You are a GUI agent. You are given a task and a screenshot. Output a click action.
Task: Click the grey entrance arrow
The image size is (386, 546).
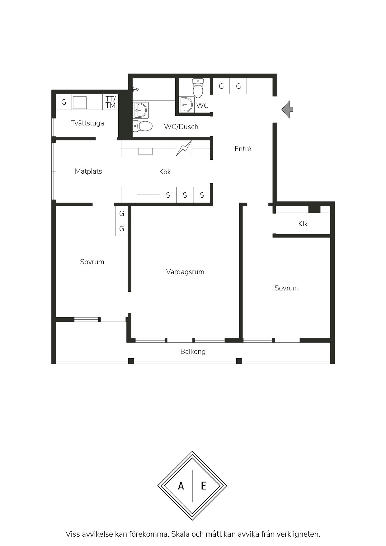[x=287, y=109]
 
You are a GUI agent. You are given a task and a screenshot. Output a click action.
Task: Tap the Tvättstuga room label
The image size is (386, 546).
[x=87, y=123]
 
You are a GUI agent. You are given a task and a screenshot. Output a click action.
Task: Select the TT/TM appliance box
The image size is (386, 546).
[x=110, y=102]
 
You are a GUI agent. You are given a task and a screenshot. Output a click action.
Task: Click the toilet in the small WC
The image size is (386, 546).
[x=198, y=88]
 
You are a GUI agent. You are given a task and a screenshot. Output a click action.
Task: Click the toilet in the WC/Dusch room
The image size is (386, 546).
[x=143, y=126]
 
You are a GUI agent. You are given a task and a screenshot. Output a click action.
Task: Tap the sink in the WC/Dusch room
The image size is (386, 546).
[x=141, y=110]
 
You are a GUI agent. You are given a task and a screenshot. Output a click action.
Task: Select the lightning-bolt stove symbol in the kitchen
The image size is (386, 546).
[x=184, y=148]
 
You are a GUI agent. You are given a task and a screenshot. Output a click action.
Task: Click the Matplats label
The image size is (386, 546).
[x=88, y=171]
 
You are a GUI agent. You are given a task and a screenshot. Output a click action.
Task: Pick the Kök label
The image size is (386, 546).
[x=165, y=172]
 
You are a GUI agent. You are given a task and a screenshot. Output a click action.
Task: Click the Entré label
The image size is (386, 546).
[x=243, y=149]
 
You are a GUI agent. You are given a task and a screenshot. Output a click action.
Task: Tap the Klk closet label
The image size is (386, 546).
[x=303, y=224]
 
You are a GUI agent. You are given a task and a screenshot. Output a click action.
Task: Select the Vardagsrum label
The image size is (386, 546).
[x=185, y=272]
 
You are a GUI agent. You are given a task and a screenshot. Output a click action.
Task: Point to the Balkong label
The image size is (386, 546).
[x=193, y=351]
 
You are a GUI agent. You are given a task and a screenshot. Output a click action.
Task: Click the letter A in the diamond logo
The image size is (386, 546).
[x=181, y=486]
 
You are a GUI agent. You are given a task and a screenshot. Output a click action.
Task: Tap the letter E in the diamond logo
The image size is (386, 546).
[x=204, y=486]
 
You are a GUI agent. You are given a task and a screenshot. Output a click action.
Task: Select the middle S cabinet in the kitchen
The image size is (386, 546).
[x=185, y=195]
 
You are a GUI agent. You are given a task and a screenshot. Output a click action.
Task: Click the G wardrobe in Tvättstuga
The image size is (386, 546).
[x=64, y=102]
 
